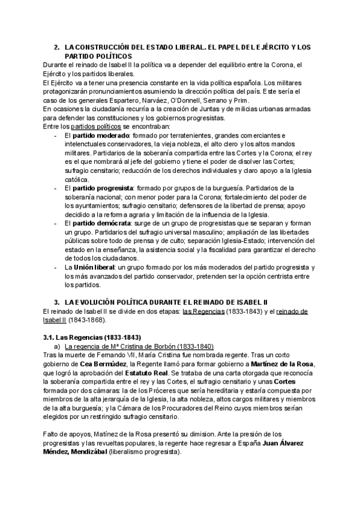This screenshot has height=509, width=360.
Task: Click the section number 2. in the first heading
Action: pos(56,47)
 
